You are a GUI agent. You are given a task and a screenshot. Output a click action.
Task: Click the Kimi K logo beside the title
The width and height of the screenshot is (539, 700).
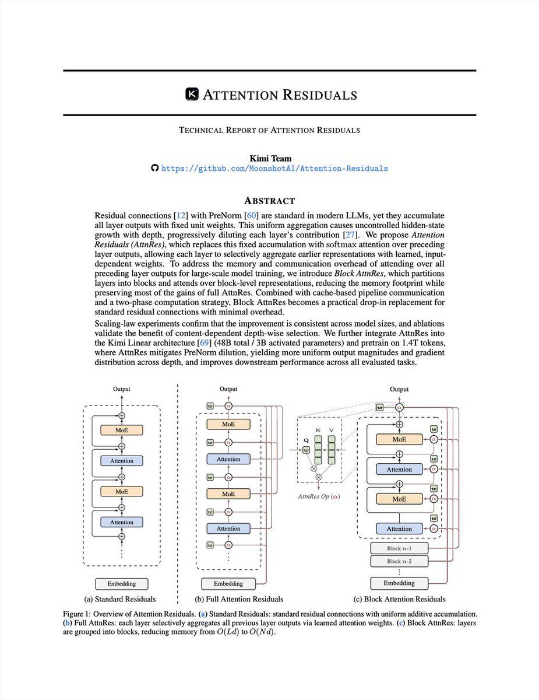[192, 94]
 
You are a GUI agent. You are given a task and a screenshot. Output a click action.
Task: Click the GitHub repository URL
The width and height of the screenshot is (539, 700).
[274, 169]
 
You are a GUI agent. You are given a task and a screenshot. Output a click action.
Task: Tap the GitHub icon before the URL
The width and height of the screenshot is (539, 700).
[154, 169]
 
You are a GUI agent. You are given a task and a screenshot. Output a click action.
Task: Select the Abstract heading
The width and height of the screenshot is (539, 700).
[269, 200]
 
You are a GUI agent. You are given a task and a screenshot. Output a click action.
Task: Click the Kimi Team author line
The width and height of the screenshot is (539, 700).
[269, 158]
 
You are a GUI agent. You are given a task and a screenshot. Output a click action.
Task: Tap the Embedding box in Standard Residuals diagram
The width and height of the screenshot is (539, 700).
[122, 583]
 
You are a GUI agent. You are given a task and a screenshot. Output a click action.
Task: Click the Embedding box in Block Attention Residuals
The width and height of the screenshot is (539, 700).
[399, 583]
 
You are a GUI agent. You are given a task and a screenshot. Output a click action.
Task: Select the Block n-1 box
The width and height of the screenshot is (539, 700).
[399, 548]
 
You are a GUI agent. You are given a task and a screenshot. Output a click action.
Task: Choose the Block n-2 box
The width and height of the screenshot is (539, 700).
[399, 561]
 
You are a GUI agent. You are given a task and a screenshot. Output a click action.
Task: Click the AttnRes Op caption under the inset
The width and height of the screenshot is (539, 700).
[319, 496]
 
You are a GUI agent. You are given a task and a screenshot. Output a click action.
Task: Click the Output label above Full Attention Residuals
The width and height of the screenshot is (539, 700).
[228, 389]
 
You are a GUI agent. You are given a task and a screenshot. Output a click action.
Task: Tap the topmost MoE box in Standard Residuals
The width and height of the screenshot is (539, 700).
[122, 430]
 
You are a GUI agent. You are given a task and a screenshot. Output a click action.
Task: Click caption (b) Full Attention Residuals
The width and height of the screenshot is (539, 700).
[239, 599]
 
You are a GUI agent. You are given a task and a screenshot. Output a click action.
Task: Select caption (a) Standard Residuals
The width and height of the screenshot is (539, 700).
[121, 599]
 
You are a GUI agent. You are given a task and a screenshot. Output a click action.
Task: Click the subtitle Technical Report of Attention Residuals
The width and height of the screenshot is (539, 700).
[269, 130]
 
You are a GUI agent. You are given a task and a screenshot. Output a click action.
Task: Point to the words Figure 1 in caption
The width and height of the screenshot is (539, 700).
[79, 614]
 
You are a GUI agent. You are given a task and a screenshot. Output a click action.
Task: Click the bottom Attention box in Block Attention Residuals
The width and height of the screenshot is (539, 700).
[399, 528]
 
